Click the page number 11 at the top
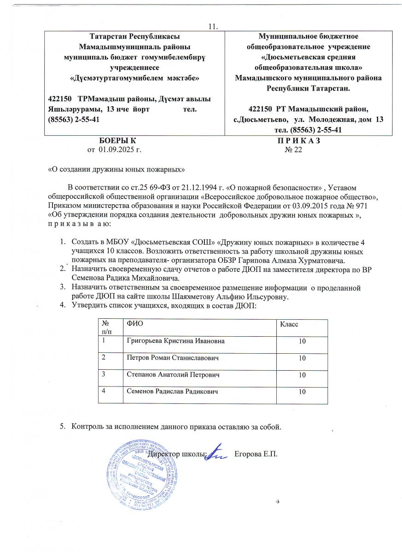(213, 26)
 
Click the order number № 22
(293, 150)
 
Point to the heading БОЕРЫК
(118, 141)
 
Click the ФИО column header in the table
(135, 324)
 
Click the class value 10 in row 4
(302, 392)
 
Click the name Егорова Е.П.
(256, 454)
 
